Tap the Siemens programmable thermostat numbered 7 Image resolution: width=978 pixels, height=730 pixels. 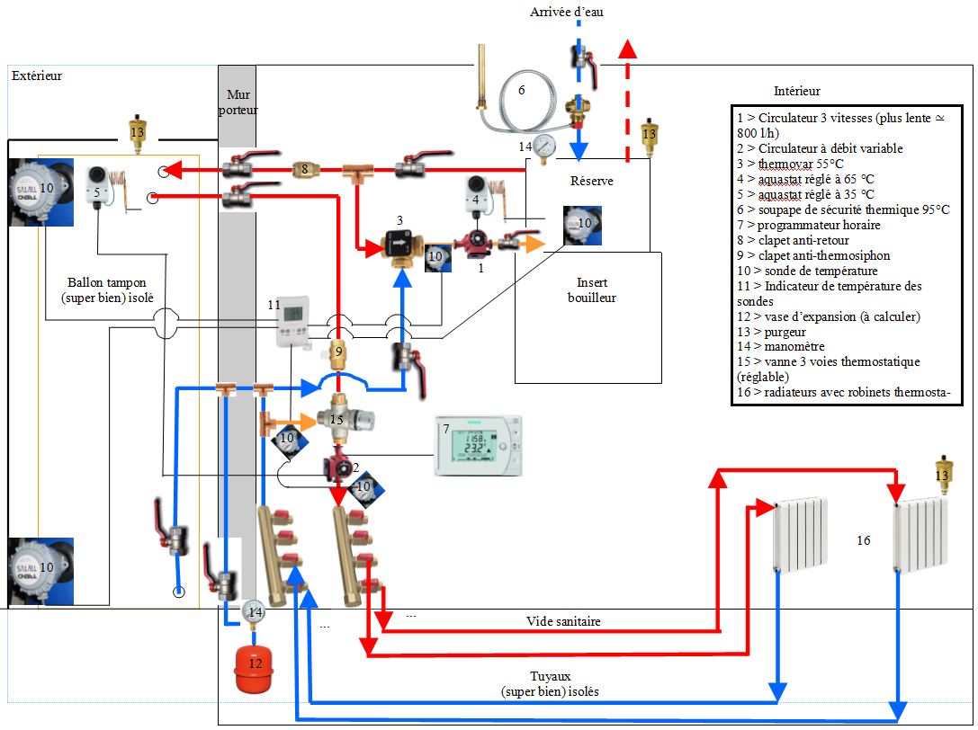pos(477,446)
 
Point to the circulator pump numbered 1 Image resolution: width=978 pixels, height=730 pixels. pos(474,243)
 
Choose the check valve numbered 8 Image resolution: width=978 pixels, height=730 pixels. pos(305,168)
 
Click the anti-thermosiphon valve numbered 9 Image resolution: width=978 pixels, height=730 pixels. pos(338,352)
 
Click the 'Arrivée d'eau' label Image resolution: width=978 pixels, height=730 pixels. pos(571,11)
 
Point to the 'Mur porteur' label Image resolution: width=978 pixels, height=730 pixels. pos(238,102)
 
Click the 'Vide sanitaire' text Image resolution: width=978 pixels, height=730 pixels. pos(564,621)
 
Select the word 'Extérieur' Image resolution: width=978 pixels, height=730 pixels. pos(37,76)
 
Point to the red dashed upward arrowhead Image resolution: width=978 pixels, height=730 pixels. pos(628,49)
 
